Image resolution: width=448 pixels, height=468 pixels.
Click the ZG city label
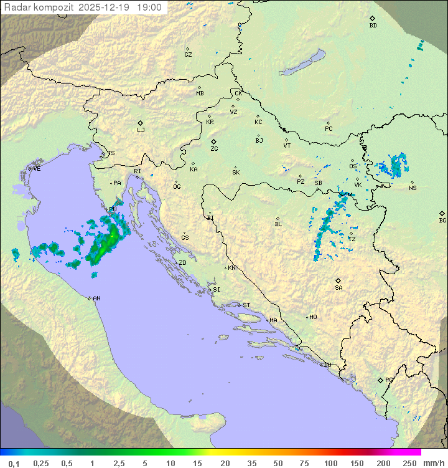point(214,150)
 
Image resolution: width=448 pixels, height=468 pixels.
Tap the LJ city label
point(141,130)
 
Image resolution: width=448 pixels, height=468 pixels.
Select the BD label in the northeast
point(373,26)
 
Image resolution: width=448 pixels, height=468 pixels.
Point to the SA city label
point(338,288)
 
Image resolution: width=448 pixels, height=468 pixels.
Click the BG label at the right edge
point(442,220)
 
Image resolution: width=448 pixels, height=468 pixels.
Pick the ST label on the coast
point(246,305)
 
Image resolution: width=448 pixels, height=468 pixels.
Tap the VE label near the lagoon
point(37,169)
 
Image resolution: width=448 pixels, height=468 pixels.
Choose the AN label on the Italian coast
point(96,298)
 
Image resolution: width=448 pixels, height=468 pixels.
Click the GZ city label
point(188,55)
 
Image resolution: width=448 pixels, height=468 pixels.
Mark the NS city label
point(413,188)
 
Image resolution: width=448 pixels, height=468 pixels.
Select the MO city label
point(313,317)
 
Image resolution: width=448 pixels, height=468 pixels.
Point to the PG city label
point(389,380)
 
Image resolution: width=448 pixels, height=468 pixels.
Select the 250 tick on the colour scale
point(409,463)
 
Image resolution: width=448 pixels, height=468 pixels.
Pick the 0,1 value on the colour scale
point(14,463)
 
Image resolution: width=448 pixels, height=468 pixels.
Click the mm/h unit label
point(432,463)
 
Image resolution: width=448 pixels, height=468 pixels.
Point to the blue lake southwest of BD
point(302,63)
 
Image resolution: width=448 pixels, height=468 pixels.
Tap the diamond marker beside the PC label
point(328,123)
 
